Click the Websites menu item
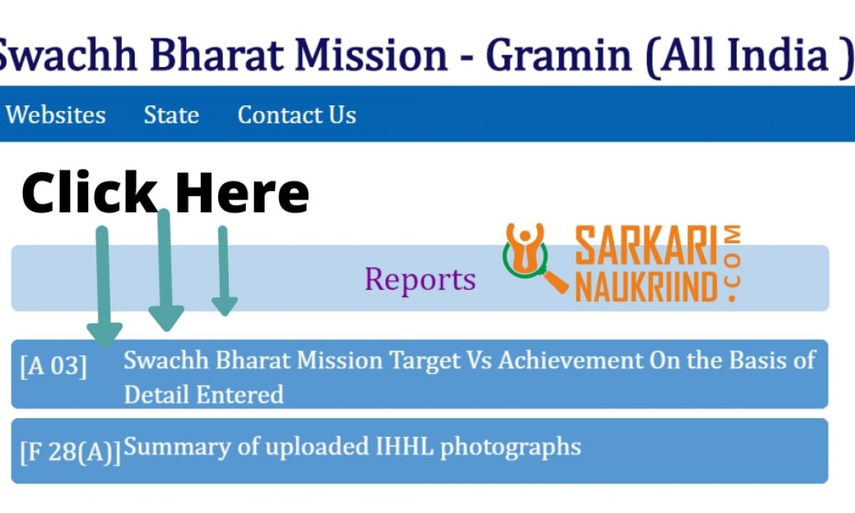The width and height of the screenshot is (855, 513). click(x=56, y=115)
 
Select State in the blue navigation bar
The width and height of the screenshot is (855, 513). click(x=172, y=115)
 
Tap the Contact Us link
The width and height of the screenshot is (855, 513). click(x=297, y=115)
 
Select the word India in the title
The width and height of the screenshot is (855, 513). click(x=778, y=54)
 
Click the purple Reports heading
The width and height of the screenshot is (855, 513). click(x=420, y=279)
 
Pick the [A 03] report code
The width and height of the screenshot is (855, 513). click(x=53, y=366)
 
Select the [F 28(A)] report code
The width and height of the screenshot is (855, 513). click(x=71, y=452)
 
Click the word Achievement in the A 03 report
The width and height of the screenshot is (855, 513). click(x=571, y=360)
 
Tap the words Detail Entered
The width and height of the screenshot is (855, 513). click(x=204, y=394)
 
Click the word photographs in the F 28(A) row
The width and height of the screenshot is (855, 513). click(x=511, y=447)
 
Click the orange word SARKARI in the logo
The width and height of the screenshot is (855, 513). click(x=646, y=245)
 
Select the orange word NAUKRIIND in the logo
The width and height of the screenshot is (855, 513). click(x=646, y=286)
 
